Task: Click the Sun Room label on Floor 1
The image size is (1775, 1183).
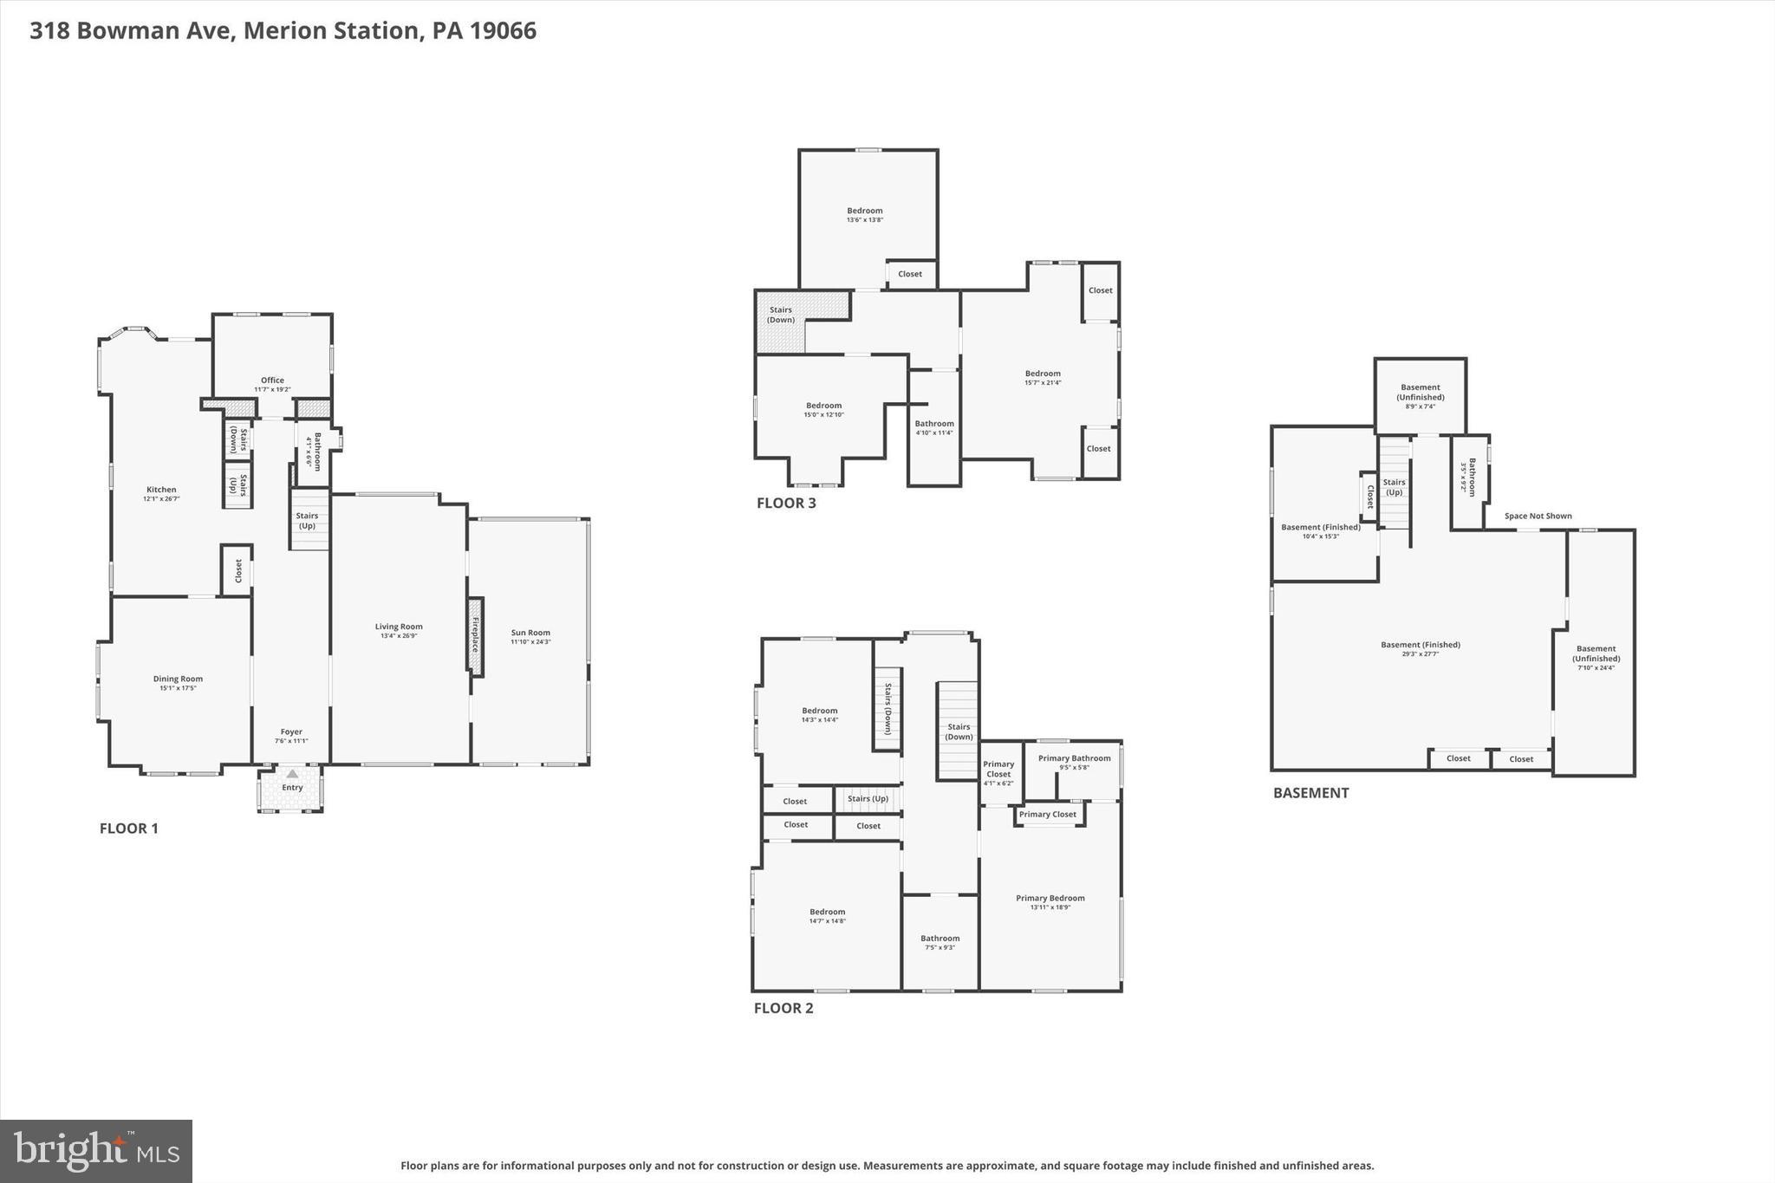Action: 530,633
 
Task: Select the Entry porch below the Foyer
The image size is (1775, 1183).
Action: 291,788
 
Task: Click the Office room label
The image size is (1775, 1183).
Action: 272,380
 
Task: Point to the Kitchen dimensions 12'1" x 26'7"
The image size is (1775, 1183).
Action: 161,499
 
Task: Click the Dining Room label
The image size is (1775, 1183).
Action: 178,679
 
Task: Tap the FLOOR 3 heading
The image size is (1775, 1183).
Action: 786,503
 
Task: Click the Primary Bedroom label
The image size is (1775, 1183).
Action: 1050,898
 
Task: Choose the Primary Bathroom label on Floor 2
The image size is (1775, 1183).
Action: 1074,758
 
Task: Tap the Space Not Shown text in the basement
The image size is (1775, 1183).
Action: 1538,517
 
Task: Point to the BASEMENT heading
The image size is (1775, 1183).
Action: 1310,793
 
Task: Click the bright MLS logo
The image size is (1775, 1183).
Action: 96,1151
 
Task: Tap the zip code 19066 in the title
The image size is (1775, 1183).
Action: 503,30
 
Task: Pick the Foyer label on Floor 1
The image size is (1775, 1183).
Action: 291,731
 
